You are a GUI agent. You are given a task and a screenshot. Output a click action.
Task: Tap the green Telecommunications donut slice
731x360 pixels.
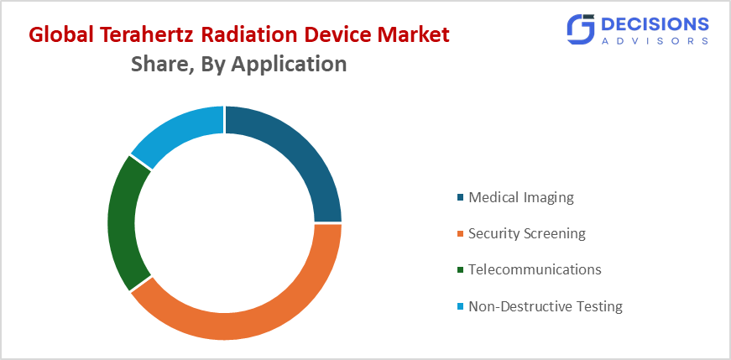[122, 222]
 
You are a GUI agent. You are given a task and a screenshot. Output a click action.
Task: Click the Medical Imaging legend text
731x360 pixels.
[520, 198]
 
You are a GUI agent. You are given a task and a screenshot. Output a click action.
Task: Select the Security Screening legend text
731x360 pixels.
[526, 233]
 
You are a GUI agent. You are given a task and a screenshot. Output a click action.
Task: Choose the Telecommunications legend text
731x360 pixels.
[535, 269]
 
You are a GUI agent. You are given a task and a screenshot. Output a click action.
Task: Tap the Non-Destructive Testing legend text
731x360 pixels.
[546, 306]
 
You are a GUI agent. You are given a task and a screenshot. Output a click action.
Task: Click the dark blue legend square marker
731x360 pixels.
[460, 199]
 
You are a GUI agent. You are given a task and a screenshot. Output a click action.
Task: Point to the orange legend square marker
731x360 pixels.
[460, 234]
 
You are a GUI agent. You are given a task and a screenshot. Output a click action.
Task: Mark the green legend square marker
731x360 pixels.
[460, 270]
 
